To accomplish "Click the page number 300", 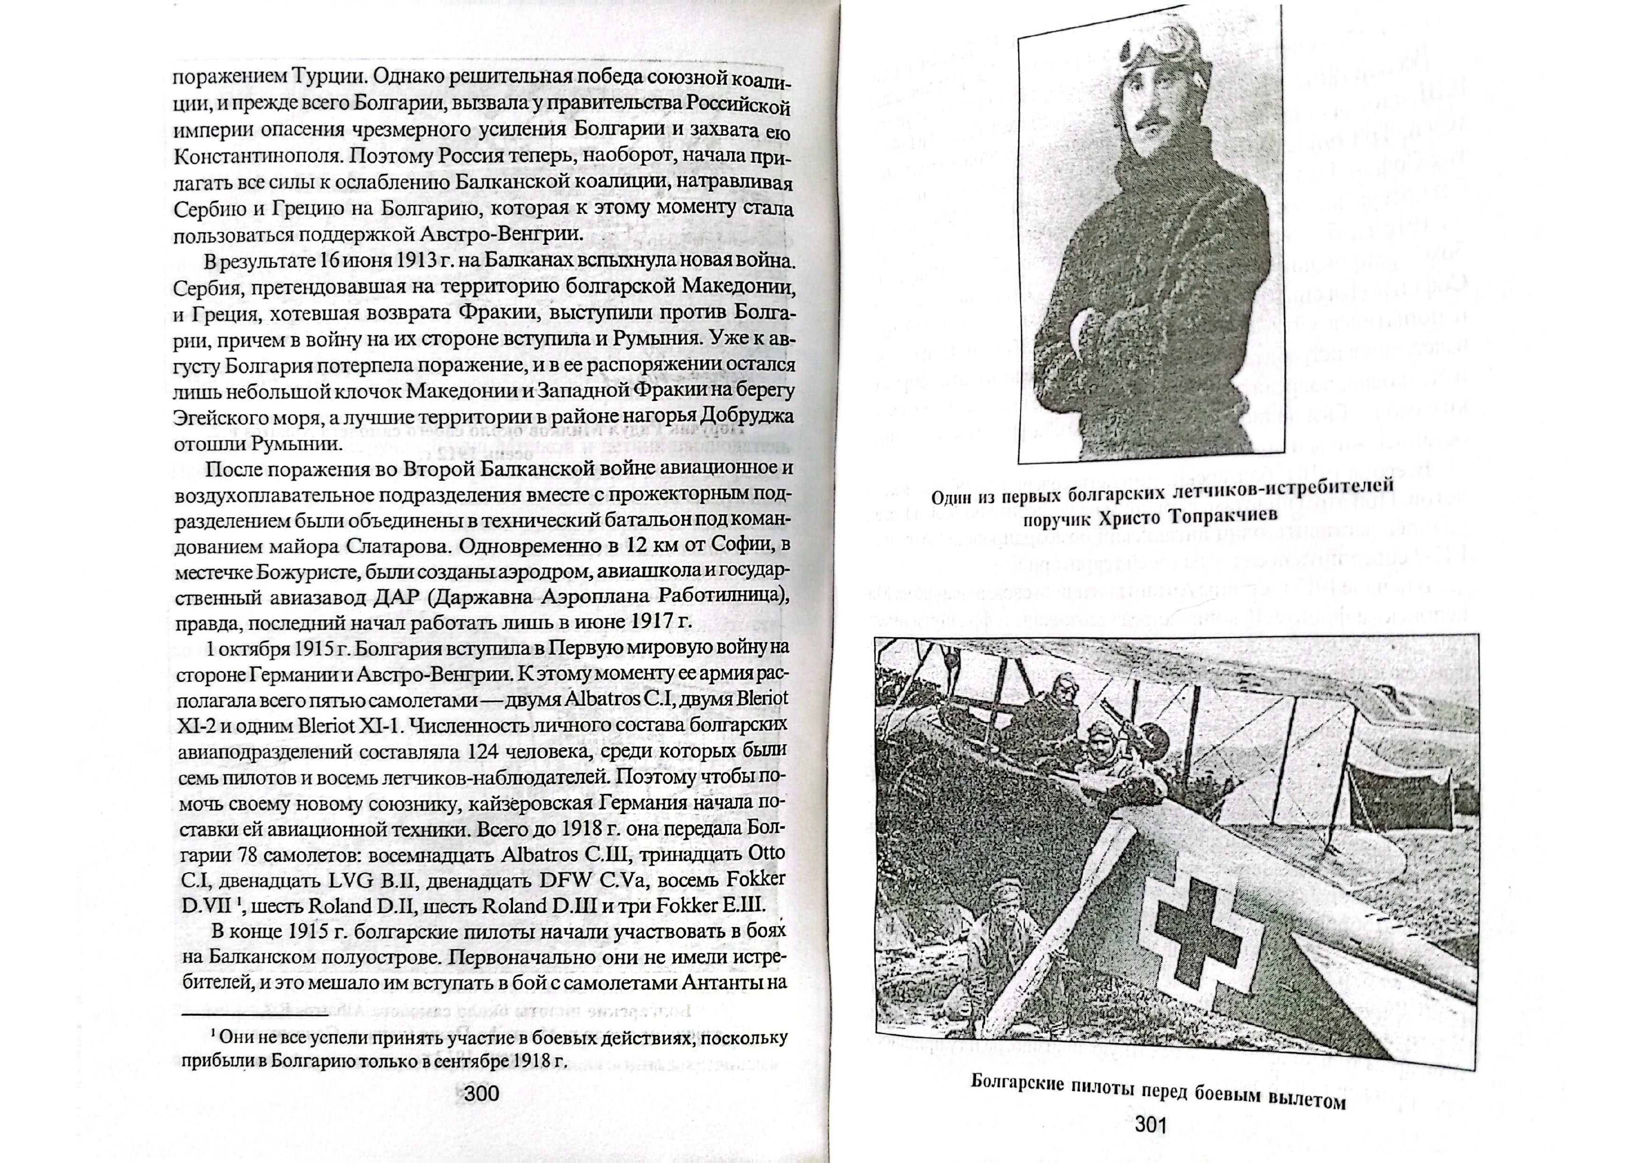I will [x=481, y=1094].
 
